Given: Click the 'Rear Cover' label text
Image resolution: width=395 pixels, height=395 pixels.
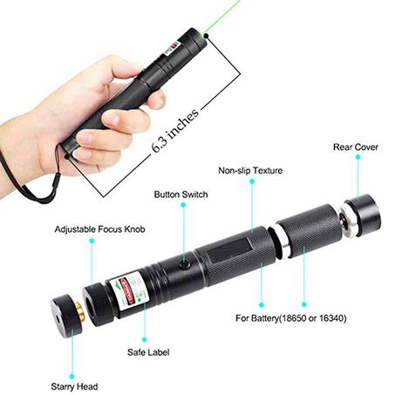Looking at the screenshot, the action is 356,147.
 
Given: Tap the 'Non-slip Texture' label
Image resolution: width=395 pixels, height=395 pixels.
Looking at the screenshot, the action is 250,170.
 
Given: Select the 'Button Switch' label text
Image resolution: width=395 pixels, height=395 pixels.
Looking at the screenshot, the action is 180,194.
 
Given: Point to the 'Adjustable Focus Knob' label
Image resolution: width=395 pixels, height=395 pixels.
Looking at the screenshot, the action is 99,229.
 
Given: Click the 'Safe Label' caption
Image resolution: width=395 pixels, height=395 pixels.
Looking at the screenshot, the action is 148,352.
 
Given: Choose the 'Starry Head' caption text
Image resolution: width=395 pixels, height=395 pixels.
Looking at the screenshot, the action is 74,386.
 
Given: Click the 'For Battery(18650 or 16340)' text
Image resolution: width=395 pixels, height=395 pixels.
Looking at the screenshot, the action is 291,318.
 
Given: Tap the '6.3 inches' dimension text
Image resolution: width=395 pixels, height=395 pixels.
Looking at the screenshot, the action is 175,130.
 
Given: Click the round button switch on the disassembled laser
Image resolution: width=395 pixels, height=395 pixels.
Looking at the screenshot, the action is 185,264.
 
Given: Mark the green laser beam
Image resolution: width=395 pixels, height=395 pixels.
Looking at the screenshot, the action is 222,17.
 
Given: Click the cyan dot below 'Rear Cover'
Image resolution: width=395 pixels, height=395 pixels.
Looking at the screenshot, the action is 358,157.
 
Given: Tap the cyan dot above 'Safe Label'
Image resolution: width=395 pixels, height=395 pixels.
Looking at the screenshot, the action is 145,339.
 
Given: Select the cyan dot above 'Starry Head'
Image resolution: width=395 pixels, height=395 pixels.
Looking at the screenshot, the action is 72,377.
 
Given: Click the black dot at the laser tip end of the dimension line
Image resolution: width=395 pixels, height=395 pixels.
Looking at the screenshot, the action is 207,36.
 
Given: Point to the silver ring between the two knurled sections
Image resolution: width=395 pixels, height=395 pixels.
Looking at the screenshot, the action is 282,242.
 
